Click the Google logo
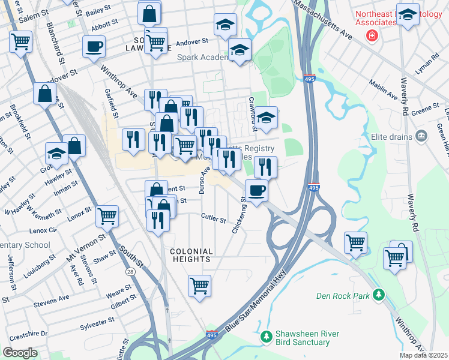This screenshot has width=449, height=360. [x=20, y=353]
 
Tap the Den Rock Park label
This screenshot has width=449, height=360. [x=347, y=295]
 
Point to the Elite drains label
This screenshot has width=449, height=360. [x=391, y=136]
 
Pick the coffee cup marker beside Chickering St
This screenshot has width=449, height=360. [x=257, y=190]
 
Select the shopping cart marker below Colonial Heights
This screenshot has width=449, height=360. [x=199, y=285]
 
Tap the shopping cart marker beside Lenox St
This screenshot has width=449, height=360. [x=107, y=216]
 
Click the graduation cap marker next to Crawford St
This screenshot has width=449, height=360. [x=267, y=117]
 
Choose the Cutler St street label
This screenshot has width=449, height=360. [x=214, y=218]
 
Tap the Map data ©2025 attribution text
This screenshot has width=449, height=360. [x=423, y=355]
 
